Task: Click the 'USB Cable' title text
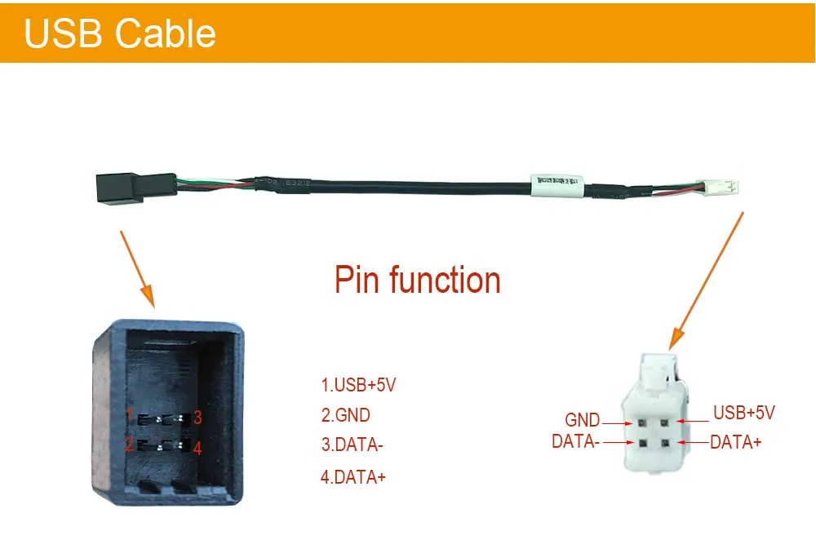[x=120, y=33]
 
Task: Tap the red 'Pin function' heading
[x=417, y=280]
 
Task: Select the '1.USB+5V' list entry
[x=358, y=385]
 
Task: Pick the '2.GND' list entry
[x=345, y=415]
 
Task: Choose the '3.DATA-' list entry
[x=352, y=445]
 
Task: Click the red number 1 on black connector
[x=130, y=414]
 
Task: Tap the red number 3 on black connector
[x=197, y=418]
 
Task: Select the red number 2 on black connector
[x=129, y=445]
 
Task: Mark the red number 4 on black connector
[x=197, y=449]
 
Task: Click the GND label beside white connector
[x=583, y=421]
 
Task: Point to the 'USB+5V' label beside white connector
[x=743, y=413]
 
